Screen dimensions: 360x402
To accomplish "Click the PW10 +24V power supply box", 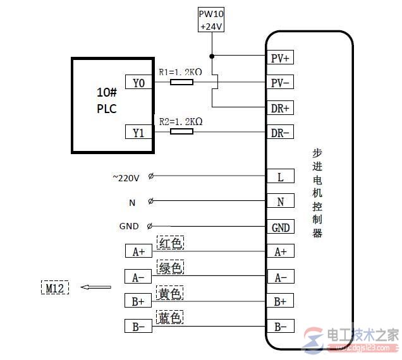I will pyautogui.click(x=212, y=20).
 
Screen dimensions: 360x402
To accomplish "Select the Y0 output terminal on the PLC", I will pyautogui.click(x=138, y=82).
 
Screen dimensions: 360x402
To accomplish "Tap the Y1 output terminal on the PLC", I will pyautogui.click(x=138, y=132).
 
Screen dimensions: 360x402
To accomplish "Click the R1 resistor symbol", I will pyautogui.click(x=182, y=82).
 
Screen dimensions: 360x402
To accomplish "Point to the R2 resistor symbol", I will pyautogui.click(x=182, y=131).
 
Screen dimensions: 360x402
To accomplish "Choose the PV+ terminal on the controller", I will pyautogui.click(x=280, y=58).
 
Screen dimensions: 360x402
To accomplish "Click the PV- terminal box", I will pyautogui.click(x=280, y=83).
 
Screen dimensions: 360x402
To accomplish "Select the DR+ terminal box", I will pyautogui.click(x=280, y=108).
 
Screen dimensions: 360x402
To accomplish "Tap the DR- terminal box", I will pyautogui.click(x=280, y=133).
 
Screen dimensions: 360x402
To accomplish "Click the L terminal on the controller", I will pyautogui.click(x=280, y=177).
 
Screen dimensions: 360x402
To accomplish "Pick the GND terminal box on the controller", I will pyautogui.click(x=280, y=227).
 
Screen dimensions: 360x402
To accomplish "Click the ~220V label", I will pyautogui.click(x=125, y=178).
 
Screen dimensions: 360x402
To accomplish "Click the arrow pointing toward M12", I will pyautogui.click(x=95, y=288).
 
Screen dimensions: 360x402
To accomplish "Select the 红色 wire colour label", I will pyautogui.click(x=170, y=243).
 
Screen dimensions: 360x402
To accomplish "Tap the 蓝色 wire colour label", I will pyautogui.click(x=170, y=317).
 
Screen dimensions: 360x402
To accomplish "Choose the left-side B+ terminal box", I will pyautogui.click(x=138, y=301).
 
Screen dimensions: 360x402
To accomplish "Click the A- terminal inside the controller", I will pyautogui.click(x=280, y=277).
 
